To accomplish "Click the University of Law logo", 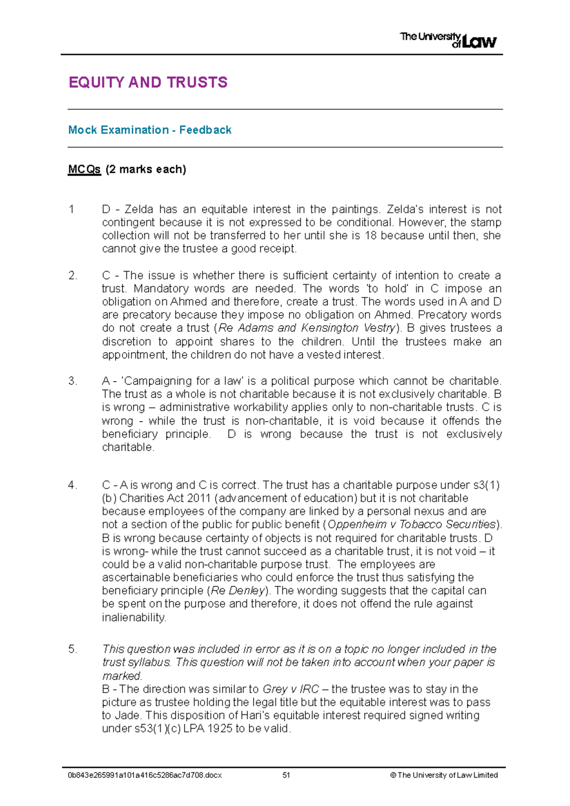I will click(448, 40).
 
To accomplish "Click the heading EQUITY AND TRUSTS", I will click(148, 83).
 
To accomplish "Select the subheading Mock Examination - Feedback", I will click(150, 130).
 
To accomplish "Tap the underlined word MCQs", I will click(85, 169).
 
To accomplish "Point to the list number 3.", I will click(72, 381).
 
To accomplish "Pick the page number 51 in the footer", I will click(286, 775).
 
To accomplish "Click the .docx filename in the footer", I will click(145, 775).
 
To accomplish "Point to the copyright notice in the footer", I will click(444, 775).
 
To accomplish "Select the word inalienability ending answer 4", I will click(134, 618).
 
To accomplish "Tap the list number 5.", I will click(72, 649).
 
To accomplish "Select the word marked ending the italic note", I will click(122, 676).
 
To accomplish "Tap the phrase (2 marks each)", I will click(146, 169).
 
